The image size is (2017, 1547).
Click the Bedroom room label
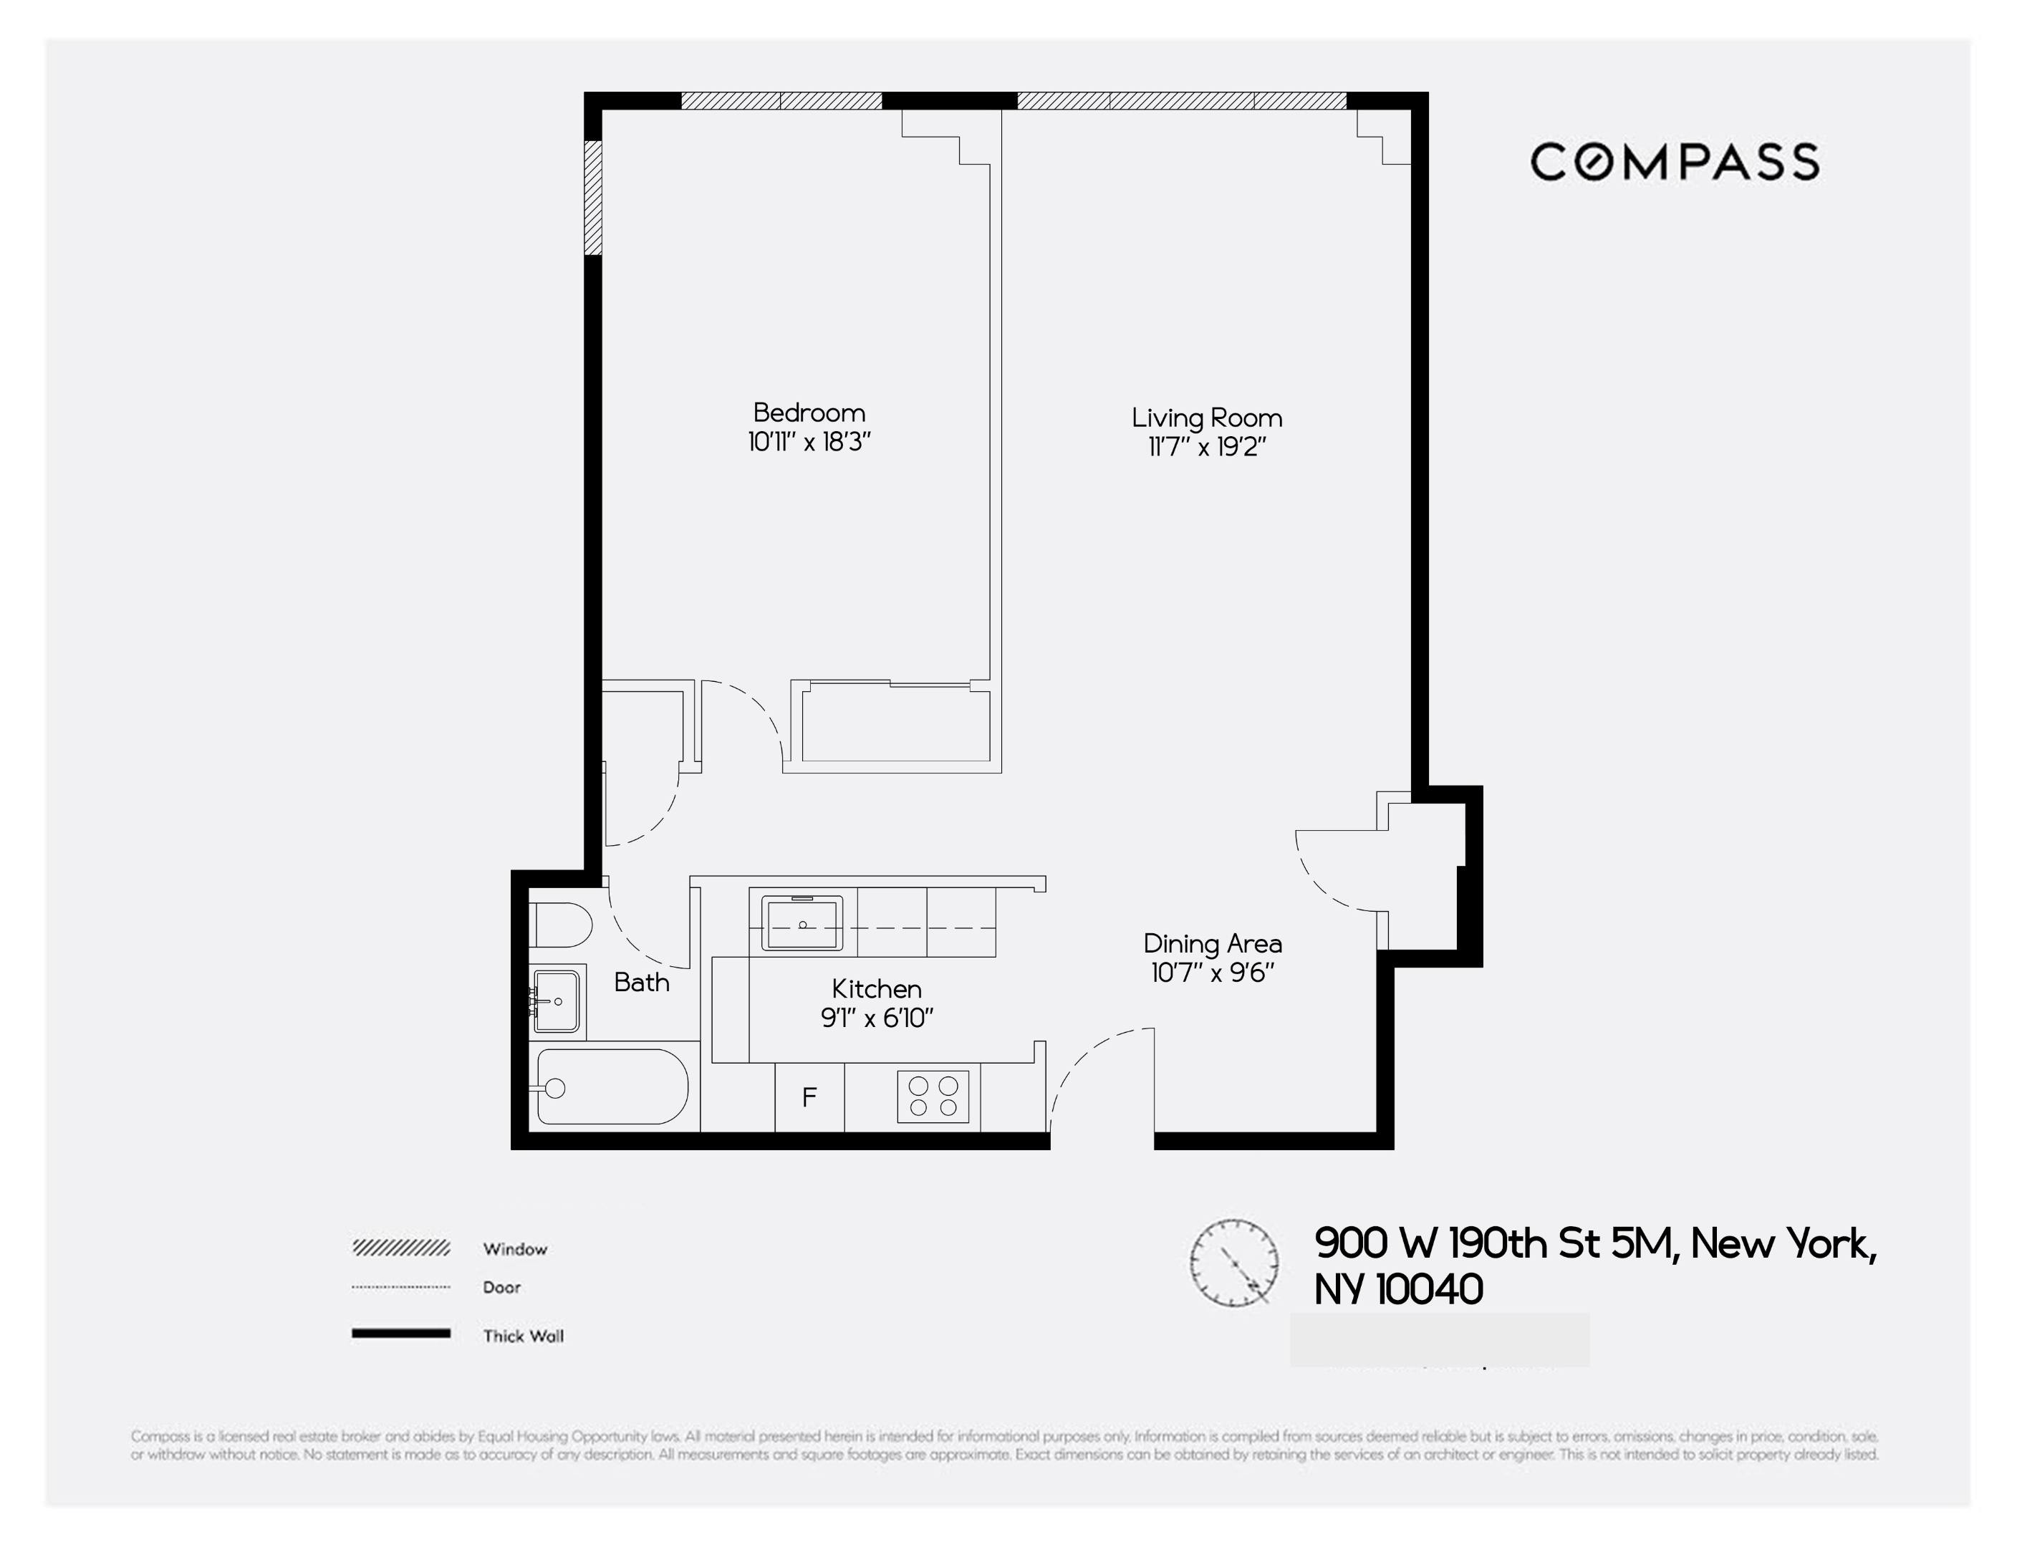point(809,413)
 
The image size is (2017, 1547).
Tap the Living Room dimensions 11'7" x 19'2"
point(1206,448)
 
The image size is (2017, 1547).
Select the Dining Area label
point(1212,944)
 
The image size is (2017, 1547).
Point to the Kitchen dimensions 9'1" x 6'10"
point(877,1018)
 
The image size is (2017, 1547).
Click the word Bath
point(641,983)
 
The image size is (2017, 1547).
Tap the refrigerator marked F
point(809,1098)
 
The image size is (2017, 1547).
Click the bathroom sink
point(557,1001)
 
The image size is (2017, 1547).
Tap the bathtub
point(612,1087)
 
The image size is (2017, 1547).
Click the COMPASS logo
point(1675,162)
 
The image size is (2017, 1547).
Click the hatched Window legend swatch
point(400,1248)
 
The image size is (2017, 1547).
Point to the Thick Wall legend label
point(523,1336)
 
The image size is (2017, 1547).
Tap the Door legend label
point(502,1287)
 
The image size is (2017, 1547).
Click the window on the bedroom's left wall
point(594,197)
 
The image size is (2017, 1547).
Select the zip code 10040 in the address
point(1430,1290)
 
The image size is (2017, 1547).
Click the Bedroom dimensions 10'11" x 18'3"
point(809,443)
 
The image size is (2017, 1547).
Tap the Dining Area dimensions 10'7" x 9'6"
point(1212,973)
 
